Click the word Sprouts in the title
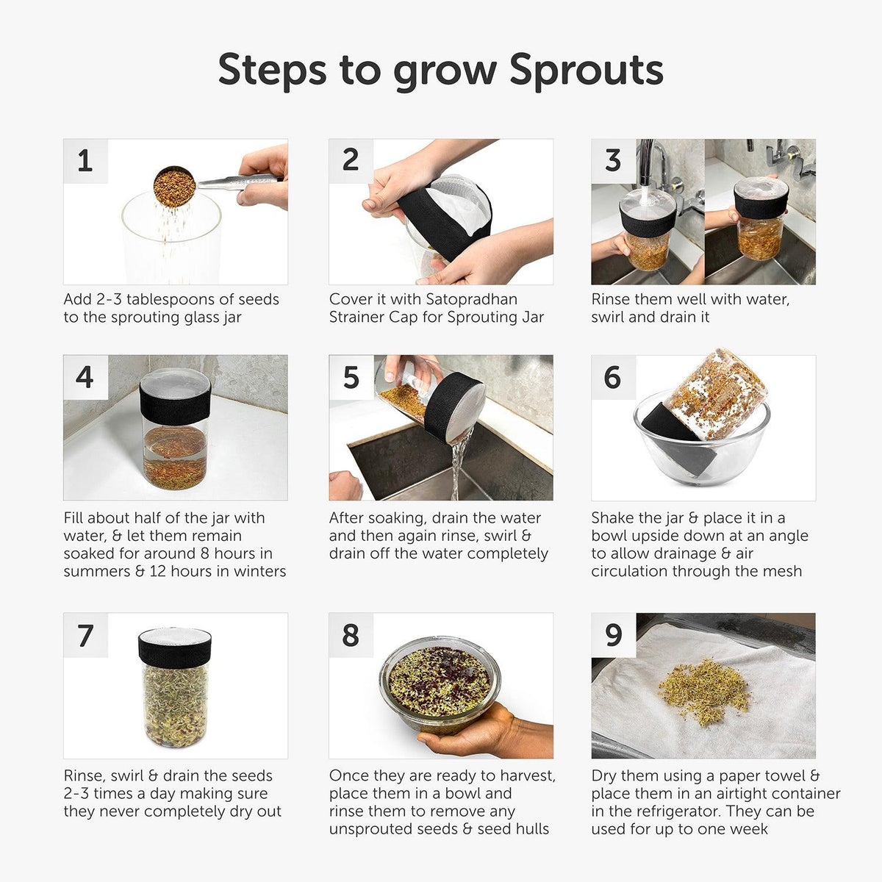tap(586, 71)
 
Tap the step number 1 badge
tap(85, 161)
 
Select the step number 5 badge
tap(351, 377)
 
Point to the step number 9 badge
tap(613, 635)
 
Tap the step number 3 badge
tap(613, 161)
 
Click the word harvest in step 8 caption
tap(526, 775)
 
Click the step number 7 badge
tap(85, 635)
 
